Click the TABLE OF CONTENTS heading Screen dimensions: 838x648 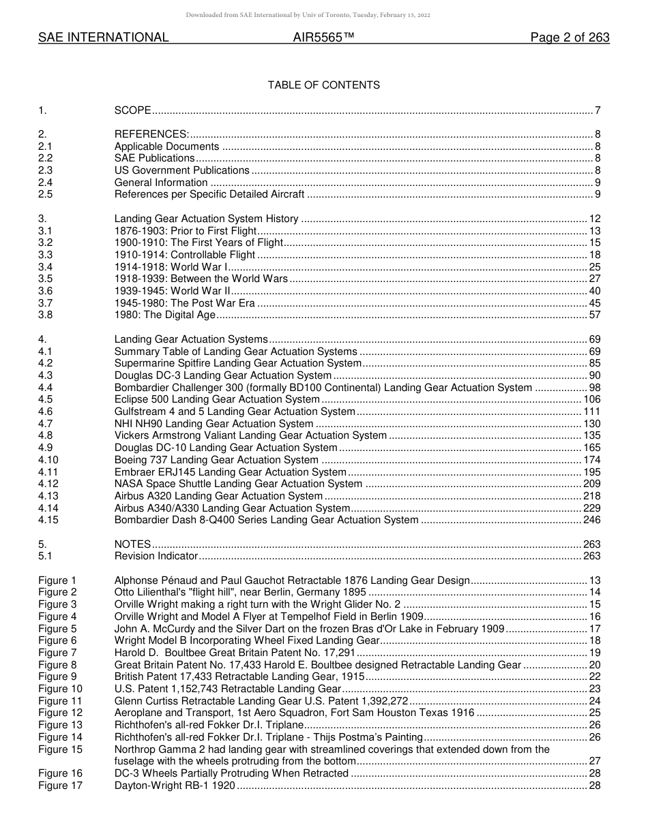pyautogui.click(x=323, y=85)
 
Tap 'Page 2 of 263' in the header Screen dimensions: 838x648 pyautogui.click(x=570, y=37)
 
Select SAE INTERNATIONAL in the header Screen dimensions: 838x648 pyautogui.click(x=103, y=37)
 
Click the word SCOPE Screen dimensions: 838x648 pyautogui.click(x=132, y=110)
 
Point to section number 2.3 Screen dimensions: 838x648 pyautogui.click(x=46, y=170)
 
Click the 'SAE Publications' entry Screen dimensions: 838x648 pyautogui.click(x=154, y=158)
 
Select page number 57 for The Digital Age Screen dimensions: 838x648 pyautogui.click(x=595, y=315)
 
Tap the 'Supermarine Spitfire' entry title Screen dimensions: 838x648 pyautogui.click(x=237, y=363)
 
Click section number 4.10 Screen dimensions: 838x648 pyautogui.click(x=48, y=460)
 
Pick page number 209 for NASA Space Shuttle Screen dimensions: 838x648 pyautogui.click(x=592, y=484)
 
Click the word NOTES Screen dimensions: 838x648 pyautogui.click(x=132, y=544)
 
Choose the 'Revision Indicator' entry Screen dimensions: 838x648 pyautogui.click(x=156, y=556)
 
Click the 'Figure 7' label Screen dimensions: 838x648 pyautogui.click(x=57, y=653)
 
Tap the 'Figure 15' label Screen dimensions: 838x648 pyautogui.click(x=60, y=749)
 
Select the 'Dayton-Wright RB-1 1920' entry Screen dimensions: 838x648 pyautogui.click(x=175, y=786)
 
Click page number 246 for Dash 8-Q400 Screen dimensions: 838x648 pyautogui.click(x=592, y=520)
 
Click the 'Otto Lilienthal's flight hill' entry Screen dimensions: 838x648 pyautogui.click(x=240, y=592)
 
